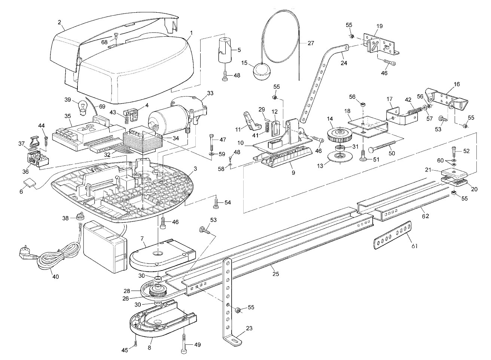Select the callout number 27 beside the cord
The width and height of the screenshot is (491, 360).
tap(311, 43)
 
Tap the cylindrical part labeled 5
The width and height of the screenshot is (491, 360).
tap(225, 50)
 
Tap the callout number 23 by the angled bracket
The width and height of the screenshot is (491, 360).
tap(249, 329)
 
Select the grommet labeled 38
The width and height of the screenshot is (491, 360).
tap(80, 216)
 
